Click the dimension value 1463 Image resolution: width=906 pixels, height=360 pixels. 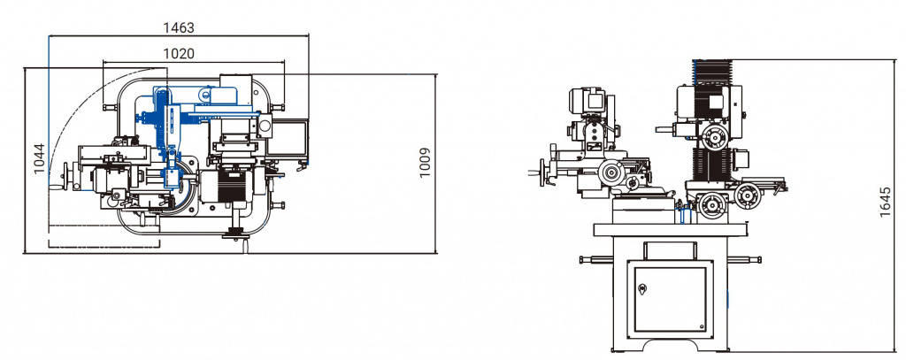[x=179, y=27]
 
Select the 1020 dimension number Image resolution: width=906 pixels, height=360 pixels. [x=179, y=54]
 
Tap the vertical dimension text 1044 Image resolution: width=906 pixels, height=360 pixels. [x=39, y=158]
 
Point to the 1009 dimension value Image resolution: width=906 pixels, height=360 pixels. [x=425, y=163]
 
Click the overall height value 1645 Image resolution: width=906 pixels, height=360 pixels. [x=885, y=202]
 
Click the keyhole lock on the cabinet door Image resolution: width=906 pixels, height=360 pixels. [x=642, y=288]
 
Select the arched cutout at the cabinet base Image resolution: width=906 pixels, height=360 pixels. [x=671, y=346]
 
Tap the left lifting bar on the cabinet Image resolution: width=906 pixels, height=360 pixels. [x=596, y=260]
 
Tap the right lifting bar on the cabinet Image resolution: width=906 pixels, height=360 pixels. [x=744, y=259]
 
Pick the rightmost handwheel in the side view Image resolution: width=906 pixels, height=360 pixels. [x=748, y=195]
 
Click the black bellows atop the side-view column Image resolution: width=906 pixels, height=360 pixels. [x=712, y=73]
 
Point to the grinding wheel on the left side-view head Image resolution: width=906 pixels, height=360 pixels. [x=612, y=172]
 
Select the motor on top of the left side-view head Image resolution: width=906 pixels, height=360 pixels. [x=587, y=100]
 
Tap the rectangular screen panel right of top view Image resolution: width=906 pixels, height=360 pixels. [x=287, y=138]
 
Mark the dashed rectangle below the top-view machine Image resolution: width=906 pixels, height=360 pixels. [x=104, y=235]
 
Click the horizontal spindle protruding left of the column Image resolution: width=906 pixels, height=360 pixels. [x=665, y=129]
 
